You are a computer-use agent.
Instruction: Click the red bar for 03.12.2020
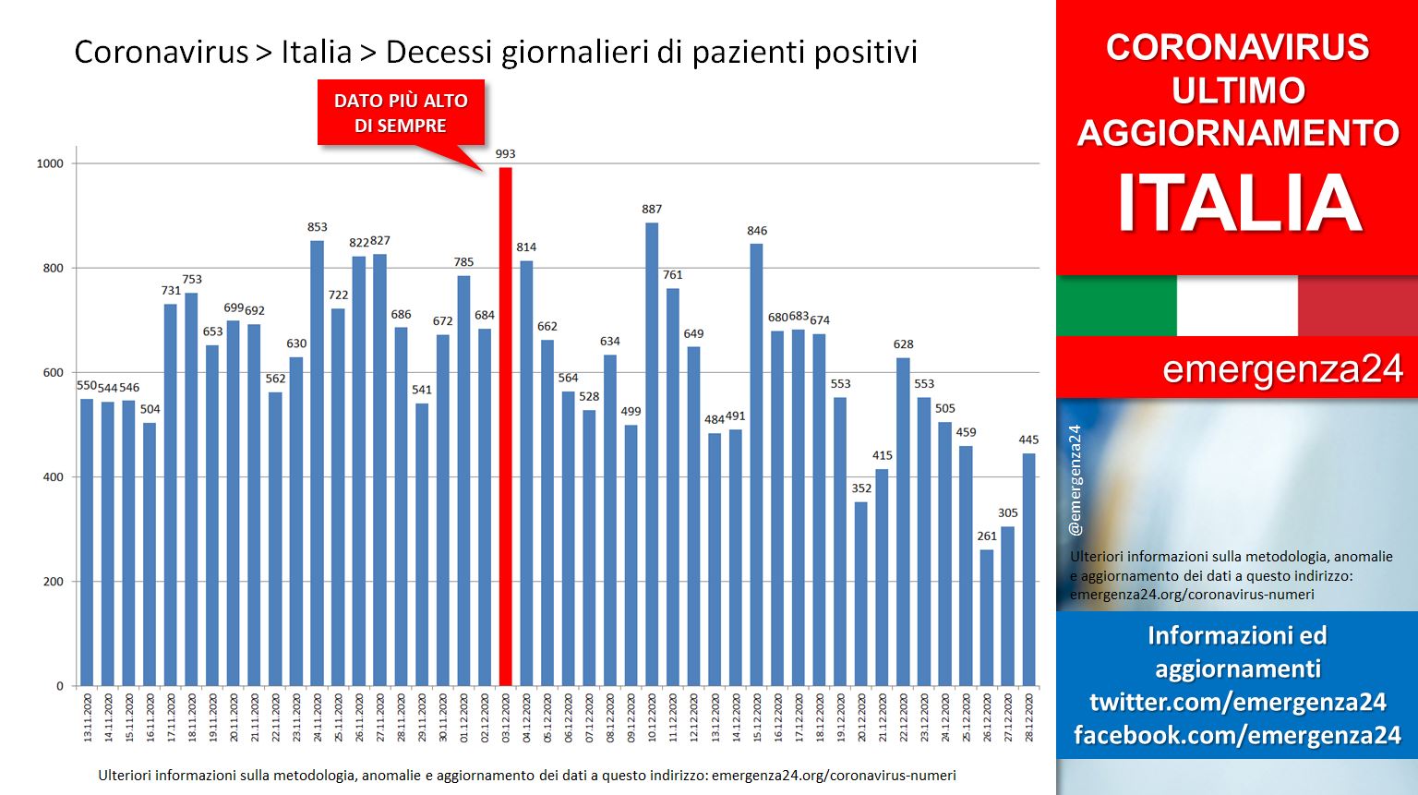[x=505, y=427]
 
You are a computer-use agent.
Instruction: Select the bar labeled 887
[x=652, y=454]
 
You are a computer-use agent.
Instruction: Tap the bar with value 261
[x=986, y=618]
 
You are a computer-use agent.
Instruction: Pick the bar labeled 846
[x=756, y=465]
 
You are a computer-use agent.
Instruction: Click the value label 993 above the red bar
[x=505, y=154]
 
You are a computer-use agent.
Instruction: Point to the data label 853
[x=318, y=227]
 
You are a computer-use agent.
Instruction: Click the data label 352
[x=861, y=488]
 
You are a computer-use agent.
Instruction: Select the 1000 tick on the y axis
[x=50, y=164]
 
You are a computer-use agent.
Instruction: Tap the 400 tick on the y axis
[x=54, y=477]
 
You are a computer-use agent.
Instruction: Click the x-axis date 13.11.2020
[x=88, y=717]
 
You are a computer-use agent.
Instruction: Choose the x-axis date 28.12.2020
[x=1028, y=717]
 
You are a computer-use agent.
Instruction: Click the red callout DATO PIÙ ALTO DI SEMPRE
[x=402, y=114]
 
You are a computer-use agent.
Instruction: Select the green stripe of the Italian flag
[x=1117, y=306]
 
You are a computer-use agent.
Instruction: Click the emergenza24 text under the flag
[x=1282, y=369]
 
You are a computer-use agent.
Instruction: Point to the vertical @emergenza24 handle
[x=1075, y=480]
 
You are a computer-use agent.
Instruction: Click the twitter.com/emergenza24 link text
[x=1238, y=702]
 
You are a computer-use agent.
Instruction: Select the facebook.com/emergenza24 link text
[x=1238, y=736]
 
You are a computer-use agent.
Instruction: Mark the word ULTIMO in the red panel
[x=1238, y=90]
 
